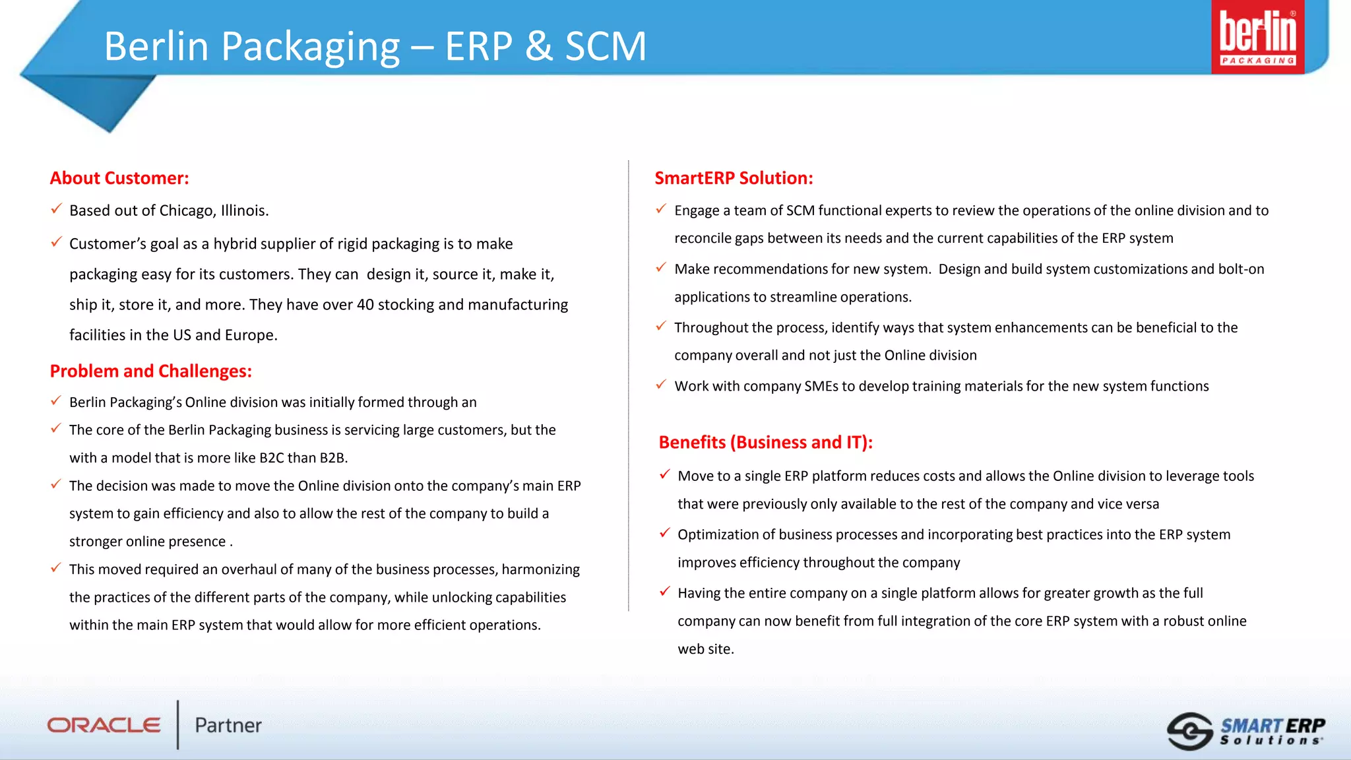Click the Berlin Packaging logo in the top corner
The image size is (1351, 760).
tap(1257, 37)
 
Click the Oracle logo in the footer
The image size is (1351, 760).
tap(104, 725)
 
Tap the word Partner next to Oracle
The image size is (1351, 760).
tap(228, 725)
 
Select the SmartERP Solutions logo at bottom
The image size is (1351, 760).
tap(1246, 731)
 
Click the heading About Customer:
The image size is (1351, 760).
tap(119, 178)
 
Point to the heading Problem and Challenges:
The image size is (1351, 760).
tap(150, 371)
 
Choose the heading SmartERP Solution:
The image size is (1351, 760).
tap(734, 178)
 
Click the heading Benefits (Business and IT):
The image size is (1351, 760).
tap(765, 442)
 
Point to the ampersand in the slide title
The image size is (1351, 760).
tap(539, 46)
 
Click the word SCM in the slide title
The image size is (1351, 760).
tap(606, 46)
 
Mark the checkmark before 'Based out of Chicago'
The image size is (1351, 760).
tap(57, 209)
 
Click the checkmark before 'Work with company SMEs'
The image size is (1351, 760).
tap(661, 385)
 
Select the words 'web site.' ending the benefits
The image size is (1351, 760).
tap(705, 649)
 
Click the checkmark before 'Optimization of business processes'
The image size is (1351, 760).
tap(665, 533)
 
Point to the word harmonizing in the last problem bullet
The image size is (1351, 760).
tap(540, 569)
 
